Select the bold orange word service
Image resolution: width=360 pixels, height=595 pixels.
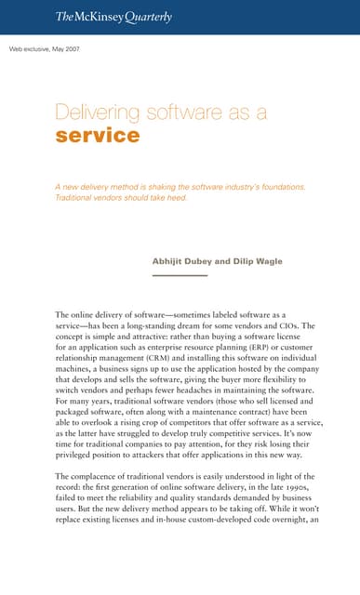98,136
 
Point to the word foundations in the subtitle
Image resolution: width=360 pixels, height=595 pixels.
279,187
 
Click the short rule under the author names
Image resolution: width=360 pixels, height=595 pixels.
180,275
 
